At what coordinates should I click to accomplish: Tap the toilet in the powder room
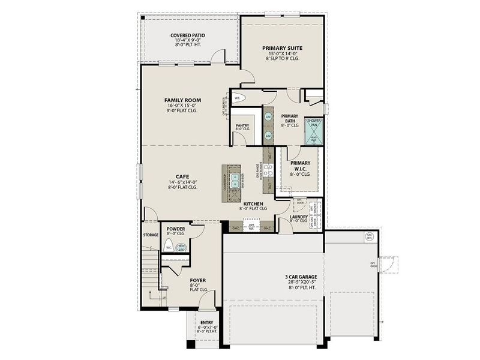(170, 246)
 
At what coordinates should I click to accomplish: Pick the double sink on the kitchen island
(236, 179)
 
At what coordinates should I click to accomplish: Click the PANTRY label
(242, 125)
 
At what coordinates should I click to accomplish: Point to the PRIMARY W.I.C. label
(300, 166)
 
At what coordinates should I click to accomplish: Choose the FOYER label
(197, 280)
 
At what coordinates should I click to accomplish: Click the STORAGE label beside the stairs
(151, 235)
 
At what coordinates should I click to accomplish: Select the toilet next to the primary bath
(238, 98)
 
